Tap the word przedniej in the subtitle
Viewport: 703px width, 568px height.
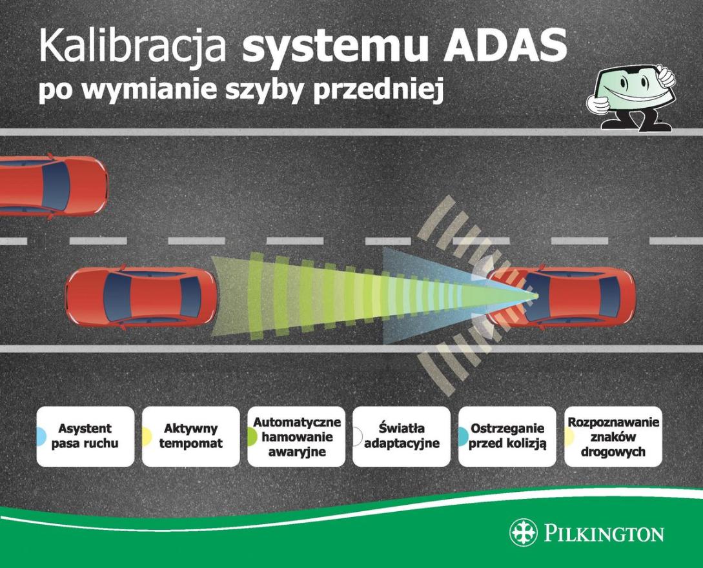378,91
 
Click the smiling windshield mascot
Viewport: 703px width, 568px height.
631,98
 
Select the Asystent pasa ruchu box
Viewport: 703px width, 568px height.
85,436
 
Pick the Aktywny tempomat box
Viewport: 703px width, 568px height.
191,436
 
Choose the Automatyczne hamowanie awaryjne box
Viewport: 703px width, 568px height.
296,436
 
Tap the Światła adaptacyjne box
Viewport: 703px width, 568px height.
402,436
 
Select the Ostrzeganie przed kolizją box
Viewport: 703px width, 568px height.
507,436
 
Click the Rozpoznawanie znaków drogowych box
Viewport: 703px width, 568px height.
613,436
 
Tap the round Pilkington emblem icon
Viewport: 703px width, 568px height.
523,533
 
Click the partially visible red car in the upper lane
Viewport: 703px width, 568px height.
54,187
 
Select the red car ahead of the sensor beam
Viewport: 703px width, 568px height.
141,296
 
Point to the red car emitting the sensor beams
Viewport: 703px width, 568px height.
562,296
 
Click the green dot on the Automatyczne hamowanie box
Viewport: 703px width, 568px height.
252,436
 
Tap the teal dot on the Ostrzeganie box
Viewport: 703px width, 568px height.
463,436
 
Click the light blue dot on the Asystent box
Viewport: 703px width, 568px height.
41,436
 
